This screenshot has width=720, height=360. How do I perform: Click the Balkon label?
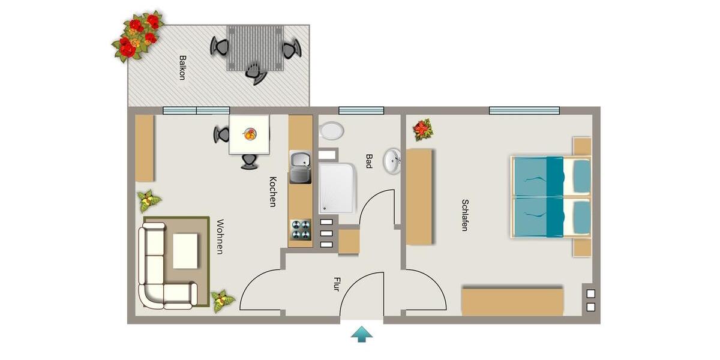[182, 67]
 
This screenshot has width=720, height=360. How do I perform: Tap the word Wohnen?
[220, 237]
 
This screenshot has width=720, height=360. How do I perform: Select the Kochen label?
[273, 192]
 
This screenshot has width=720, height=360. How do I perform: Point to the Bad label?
[369, 161]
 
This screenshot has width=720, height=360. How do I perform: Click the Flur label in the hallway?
[337, 284]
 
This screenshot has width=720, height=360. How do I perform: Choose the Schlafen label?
[465, 215]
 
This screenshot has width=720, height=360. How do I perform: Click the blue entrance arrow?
[362, 334]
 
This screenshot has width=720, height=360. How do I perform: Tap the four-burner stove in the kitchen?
[301, 230]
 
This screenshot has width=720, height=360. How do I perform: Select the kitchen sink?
[301, 167]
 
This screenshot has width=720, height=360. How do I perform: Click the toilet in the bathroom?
[331, 131]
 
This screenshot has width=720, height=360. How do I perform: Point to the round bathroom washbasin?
[391, 161]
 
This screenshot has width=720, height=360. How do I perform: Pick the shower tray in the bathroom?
[337, 188]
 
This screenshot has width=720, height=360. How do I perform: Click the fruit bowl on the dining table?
[250, 134]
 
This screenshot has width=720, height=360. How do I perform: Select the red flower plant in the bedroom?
[422, 130]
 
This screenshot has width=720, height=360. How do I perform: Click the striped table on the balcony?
[256, 48]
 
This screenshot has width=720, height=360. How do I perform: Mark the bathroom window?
[361, 110]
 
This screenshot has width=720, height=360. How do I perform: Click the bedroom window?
[524, 110]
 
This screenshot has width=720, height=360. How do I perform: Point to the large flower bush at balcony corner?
[137, 35]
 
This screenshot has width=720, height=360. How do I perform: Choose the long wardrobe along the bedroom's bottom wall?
[512, 302]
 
